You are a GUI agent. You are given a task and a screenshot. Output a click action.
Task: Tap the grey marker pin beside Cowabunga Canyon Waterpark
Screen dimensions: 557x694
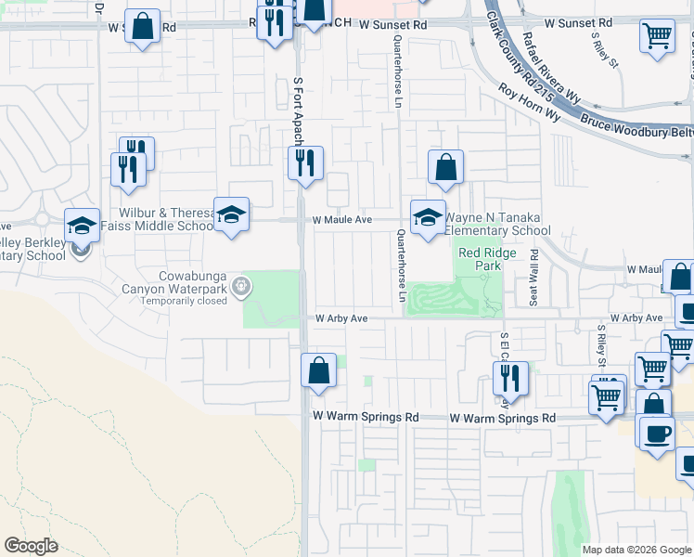241,287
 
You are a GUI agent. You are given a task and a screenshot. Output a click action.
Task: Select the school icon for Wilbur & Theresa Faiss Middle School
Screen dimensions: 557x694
231,215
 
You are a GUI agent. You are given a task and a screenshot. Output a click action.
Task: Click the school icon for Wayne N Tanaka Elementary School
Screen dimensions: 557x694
428,218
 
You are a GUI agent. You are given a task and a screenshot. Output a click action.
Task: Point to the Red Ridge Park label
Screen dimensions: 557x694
479,259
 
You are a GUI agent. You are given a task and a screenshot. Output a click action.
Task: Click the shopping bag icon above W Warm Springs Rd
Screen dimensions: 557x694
318,370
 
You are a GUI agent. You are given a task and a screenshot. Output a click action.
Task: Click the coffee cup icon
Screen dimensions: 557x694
657,433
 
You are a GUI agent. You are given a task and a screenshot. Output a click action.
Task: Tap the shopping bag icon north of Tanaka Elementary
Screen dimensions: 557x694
445,168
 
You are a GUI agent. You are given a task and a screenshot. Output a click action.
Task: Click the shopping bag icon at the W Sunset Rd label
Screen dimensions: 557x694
142,27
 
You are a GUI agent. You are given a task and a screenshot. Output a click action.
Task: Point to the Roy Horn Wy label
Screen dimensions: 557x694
529,103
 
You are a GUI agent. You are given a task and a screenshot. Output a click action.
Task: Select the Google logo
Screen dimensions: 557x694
31,546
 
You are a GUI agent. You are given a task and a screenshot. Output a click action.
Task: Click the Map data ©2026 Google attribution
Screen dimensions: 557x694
636,550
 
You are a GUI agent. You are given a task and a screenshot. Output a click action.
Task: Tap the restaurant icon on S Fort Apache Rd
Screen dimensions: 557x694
305,164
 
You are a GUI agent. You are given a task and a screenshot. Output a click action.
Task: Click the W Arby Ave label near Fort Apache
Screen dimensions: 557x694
342,318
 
